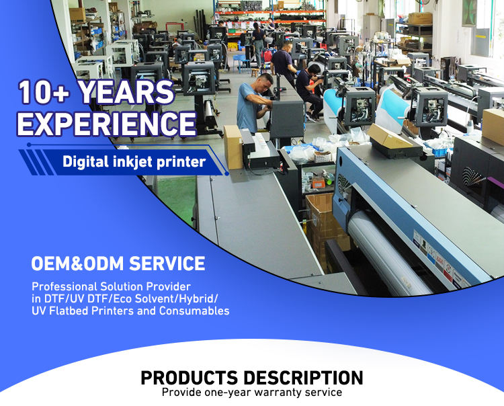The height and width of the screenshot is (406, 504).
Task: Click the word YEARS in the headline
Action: point(126,92)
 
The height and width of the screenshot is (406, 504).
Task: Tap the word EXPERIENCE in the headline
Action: point(106,123)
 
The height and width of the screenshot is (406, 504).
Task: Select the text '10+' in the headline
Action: point(44,92)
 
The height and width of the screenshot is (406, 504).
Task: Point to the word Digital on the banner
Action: point(86,161)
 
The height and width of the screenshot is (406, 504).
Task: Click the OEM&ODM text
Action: point(77,263)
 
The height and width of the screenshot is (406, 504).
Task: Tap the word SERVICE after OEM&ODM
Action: point(167,263)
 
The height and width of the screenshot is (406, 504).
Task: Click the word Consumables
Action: point(194,311)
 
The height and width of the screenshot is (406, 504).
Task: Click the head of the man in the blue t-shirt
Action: point(265,82)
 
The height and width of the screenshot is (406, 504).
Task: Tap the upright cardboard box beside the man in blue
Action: point(233,147)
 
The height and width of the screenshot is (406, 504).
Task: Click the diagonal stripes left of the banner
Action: point(36,163)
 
